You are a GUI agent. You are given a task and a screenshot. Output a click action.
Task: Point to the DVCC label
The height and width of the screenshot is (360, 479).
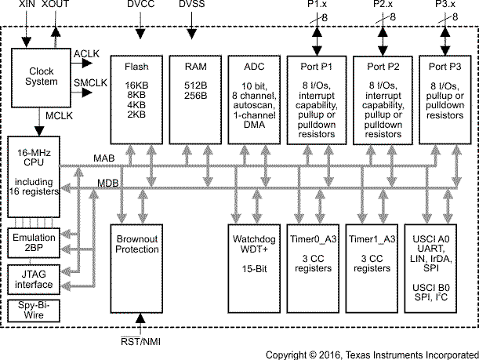(141, 6)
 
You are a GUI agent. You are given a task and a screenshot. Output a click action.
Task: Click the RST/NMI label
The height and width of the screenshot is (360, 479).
(141, 340)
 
